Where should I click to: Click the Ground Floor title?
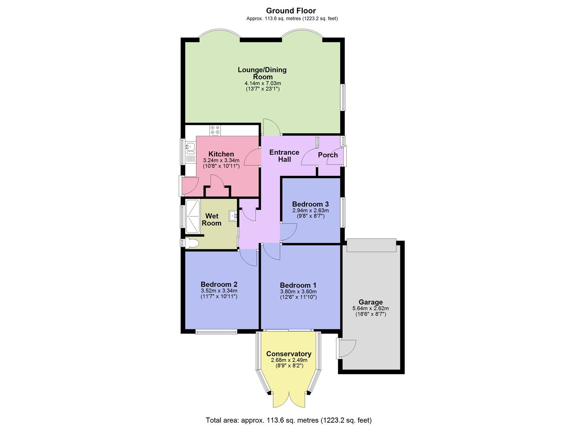pos(291,11)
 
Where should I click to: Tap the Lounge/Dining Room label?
pos(262,73)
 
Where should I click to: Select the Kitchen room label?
pos(221,154)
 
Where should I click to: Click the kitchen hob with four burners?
pos(215,130)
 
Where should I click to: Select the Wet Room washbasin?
pos(233,215)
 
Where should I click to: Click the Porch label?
pos(328,155)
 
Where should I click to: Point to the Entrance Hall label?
pos(284,156)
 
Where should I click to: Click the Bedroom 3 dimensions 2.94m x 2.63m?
pos(310,211)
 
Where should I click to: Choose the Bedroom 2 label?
pos(219,284)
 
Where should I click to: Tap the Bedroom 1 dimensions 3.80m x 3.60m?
pos(298,292)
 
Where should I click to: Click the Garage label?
pos(370,302)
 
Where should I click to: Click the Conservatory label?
pos(289,354)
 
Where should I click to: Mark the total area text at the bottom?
pos(289,420)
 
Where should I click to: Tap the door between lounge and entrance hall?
pos(271,127)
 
